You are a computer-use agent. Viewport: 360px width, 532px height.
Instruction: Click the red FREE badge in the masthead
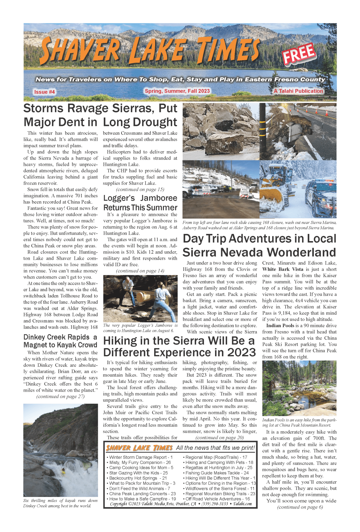pos(299,53)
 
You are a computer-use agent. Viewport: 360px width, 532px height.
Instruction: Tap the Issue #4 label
pos(45,92)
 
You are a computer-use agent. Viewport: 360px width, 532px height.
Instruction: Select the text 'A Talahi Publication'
pos(298,91)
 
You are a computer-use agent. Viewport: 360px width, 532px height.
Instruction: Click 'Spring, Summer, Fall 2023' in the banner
pos(177,91)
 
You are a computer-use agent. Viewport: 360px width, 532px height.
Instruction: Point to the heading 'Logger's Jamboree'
pos(140,198)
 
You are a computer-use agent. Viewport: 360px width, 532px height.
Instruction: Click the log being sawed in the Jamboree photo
pos(144,297)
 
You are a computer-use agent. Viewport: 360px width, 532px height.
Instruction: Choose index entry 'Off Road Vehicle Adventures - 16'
pos(218,499)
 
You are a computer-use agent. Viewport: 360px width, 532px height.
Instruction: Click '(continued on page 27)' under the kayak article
pos(61,397)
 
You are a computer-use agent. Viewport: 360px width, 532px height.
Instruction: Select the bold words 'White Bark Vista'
pos(283,269)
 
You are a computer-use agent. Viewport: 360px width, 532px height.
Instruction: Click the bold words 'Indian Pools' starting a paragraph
pos(280,326)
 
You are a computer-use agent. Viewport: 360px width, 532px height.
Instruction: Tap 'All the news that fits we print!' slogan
pos(215,448)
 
